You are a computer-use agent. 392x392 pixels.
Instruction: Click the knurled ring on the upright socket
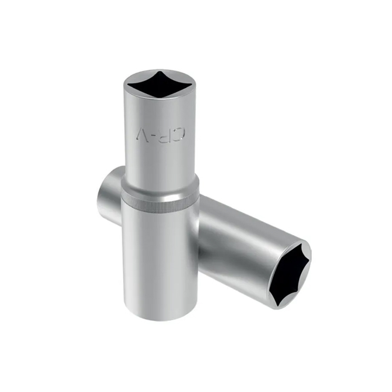point(160,199)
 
